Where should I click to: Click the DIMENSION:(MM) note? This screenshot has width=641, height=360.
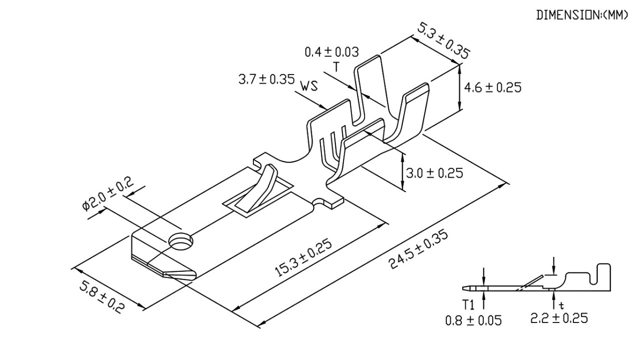pos(582,16)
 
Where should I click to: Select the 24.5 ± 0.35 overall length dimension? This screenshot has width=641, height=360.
pos(419,250)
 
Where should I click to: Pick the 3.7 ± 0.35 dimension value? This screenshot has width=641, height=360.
pos(266,80)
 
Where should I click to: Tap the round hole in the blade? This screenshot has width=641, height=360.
pos(181,241)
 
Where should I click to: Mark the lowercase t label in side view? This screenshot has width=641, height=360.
pos(561,304)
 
